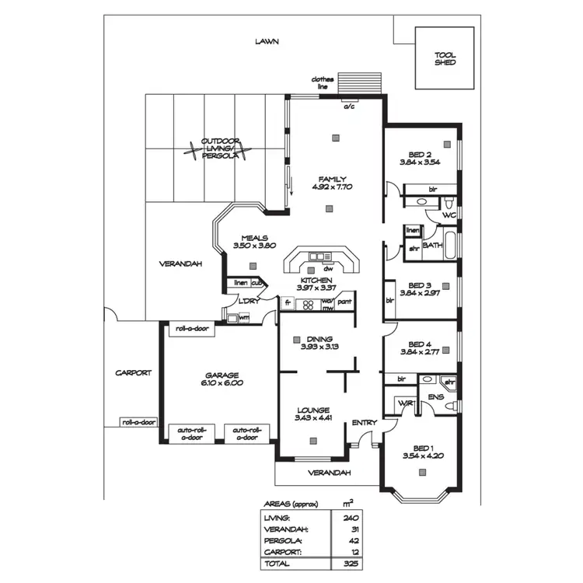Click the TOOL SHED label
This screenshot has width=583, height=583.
445,58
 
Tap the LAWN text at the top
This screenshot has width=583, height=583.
267,42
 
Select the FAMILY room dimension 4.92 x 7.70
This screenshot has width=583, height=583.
332,187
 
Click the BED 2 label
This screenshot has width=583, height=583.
420,154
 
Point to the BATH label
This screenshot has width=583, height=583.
432,245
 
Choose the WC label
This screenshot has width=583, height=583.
449,215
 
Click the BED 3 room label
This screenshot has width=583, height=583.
420,285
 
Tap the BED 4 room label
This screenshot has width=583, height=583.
420,344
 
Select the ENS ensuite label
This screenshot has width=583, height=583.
435,396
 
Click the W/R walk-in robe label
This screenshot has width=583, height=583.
405,403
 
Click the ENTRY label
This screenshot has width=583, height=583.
364,423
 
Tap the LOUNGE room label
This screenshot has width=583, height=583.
312,410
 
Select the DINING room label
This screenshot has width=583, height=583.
319,339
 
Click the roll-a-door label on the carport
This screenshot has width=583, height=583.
138,423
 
